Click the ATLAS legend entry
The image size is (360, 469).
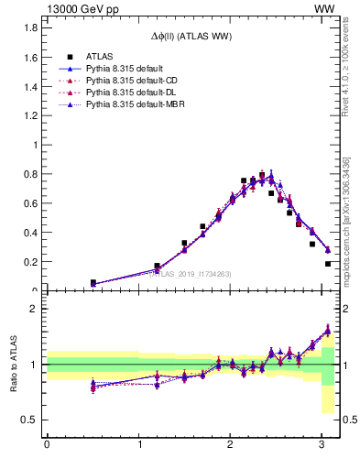99,56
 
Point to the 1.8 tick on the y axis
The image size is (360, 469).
31,27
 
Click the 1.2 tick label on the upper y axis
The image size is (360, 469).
31,115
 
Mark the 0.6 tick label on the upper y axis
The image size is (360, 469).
31,203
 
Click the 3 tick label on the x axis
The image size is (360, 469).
321,446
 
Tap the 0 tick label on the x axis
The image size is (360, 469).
47,446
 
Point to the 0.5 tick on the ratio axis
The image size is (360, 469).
31,420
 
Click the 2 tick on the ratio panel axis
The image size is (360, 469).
35,309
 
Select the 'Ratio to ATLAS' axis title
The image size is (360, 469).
13,364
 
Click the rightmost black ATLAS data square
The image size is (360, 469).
327,264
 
